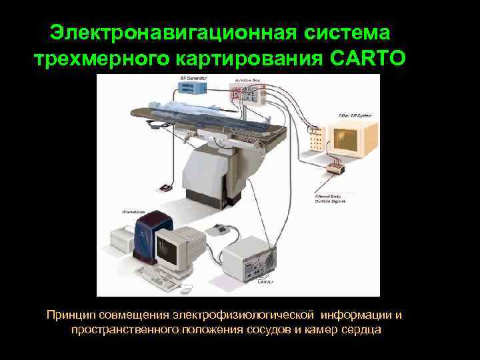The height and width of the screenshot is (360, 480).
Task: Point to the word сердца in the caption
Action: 358,330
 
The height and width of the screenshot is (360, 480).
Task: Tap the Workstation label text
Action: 133,211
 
